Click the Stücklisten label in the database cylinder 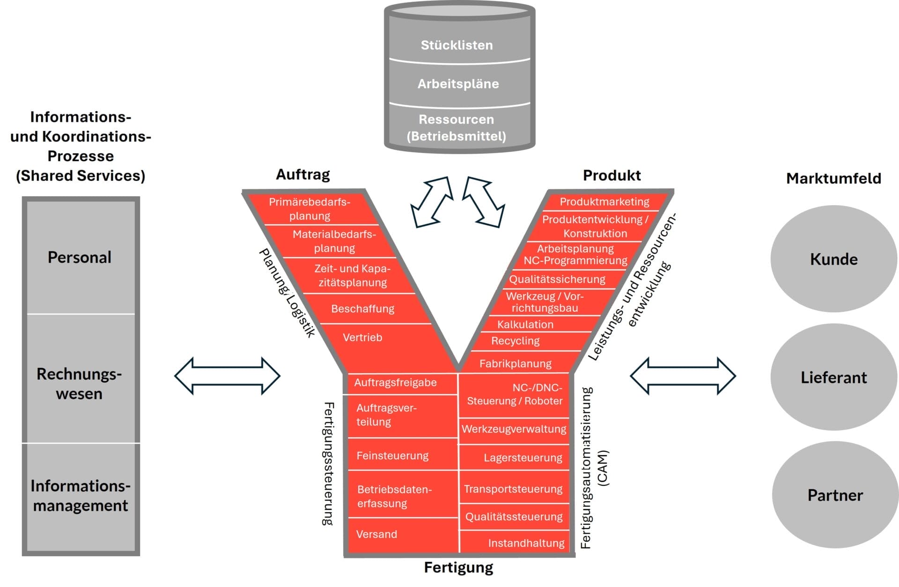(x=457, y=45)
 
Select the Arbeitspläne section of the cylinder (x=458, y=84)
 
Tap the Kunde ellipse (x=833, y=259)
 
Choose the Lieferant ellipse (x=833, y=377)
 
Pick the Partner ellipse (x=835, y=495)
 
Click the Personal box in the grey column (x=80, y=257)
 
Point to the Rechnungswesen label (x=79, y=383)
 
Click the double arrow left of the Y (x=227, y=376)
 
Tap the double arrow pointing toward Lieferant (x=683, y=376)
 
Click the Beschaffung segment (x=362, y=309)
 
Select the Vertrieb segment (x=362, y=338)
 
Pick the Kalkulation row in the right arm (x=525, y=324)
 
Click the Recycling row (x=515, y=341)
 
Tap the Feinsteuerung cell (x=392, y=455)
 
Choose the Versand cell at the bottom (x=376, y=534)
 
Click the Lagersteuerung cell (x=523, y=458)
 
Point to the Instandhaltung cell (x=526, y=543)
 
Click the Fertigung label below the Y (x=458, y=567)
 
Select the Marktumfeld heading (x=833, y=178)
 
